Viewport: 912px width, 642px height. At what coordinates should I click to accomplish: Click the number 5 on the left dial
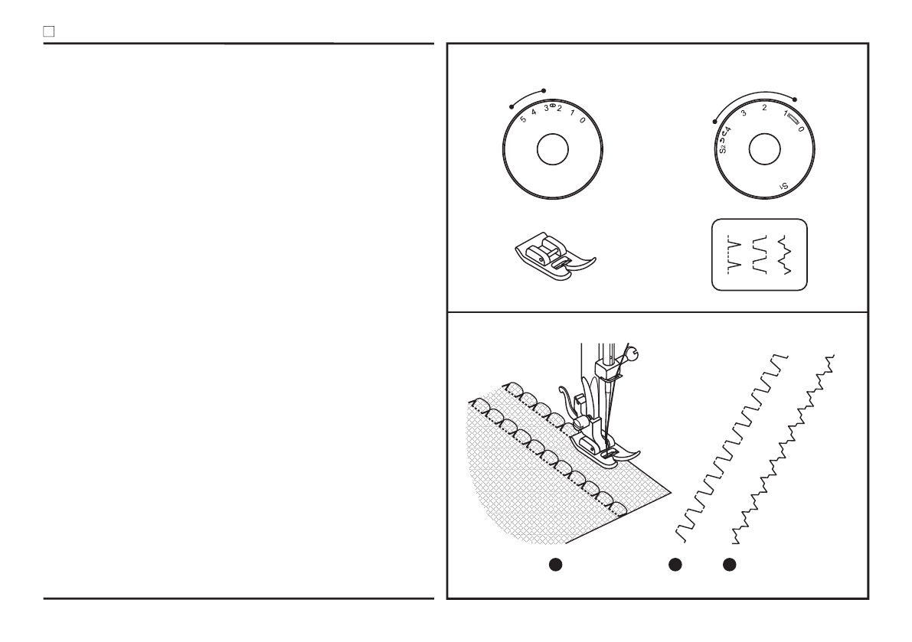point(523,119)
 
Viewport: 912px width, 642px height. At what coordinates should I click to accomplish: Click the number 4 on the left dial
point(534,112)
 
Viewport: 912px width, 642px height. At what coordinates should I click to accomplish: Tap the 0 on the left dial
point(583,121)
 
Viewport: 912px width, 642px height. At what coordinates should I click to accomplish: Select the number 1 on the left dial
point(571,114)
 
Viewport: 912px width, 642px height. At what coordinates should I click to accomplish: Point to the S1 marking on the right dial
point(783,184)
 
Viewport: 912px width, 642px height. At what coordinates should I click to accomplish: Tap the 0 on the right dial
point(801,129)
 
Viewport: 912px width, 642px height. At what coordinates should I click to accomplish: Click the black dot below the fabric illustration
point(557,565)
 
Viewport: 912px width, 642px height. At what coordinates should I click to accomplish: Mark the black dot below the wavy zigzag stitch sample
point(730,565)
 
